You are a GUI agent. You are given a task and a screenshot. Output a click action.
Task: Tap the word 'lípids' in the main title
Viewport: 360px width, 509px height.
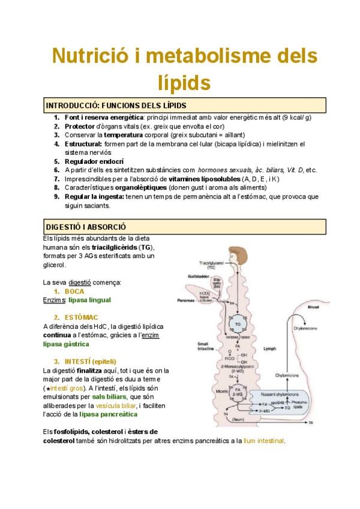click(x=181, y=82)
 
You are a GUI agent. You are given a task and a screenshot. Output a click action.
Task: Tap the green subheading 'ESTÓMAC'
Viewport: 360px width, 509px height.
click(x=83, y=317)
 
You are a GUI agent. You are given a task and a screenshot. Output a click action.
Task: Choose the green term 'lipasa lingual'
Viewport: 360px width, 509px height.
click(x=89, y=300)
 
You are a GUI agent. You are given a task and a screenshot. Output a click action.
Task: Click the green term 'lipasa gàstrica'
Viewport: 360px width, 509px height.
click(x=66, y=344)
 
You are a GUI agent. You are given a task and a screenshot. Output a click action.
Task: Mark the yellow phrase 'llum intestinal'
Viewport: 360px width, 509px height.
click(x=264, y=441)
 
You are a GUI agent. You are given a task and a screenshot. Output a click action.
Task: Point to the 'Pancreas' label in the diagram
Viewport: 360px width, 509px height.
click(x=185, y=300)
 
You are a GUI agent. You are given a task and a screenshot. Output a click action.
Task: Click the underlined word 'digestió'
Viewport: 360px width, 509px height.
click(x=80, y=282)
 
